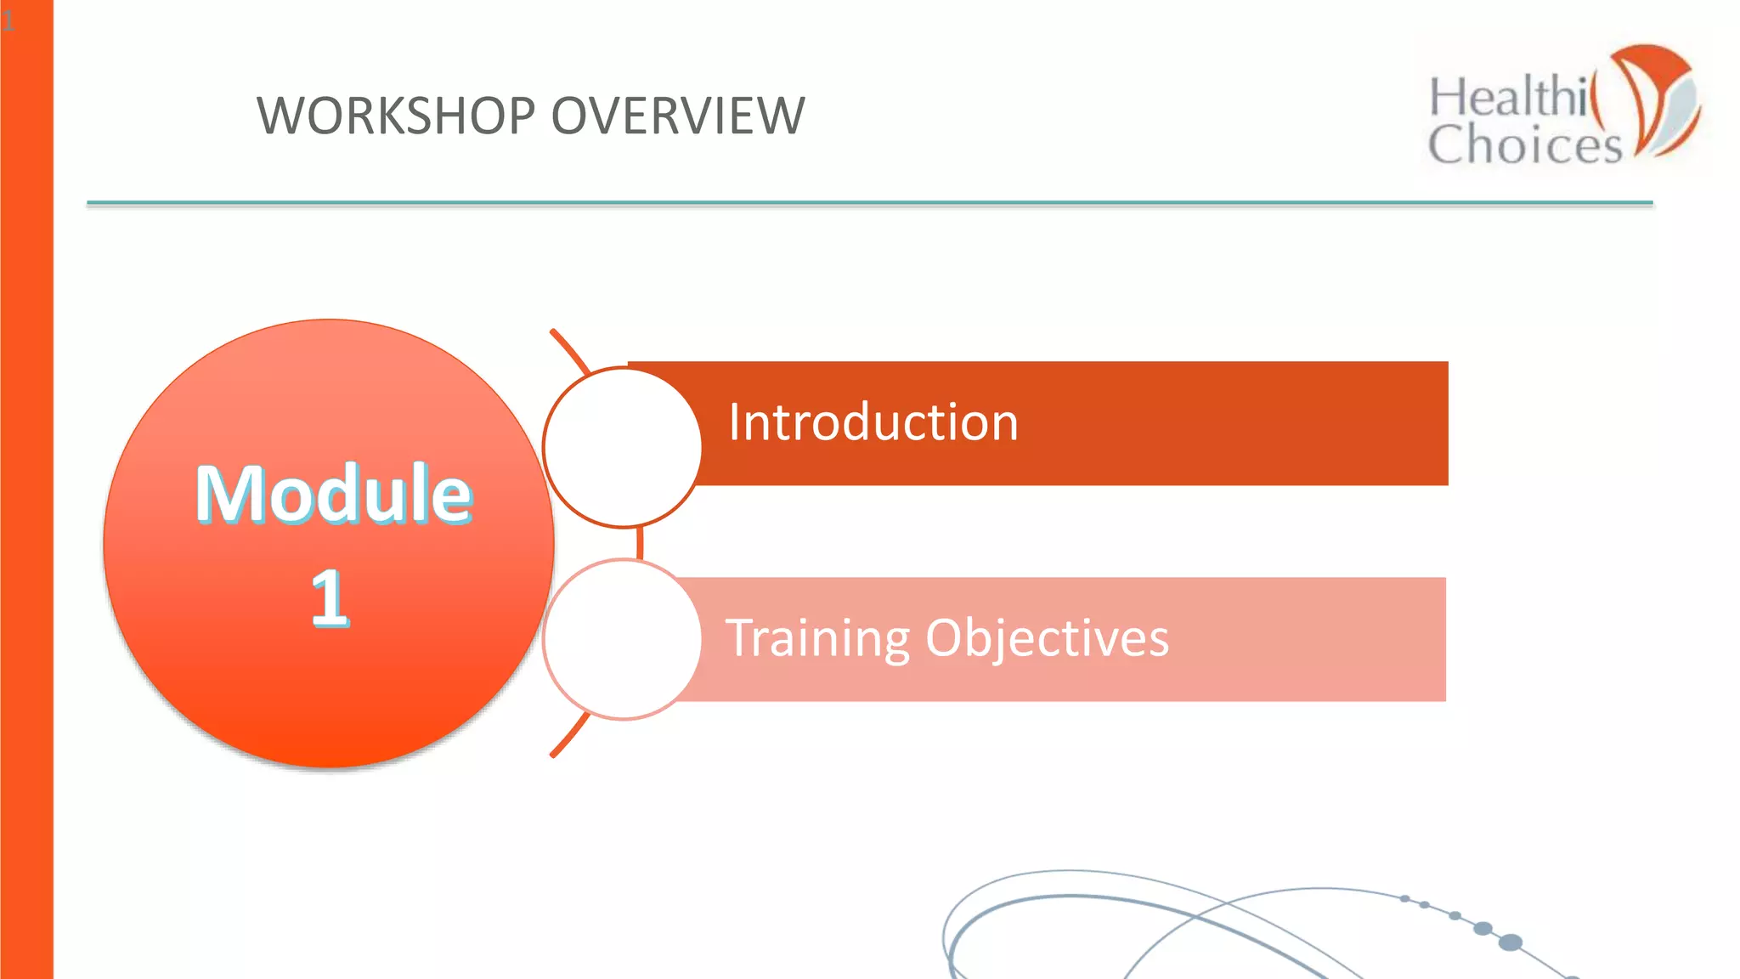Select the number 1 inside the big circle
pos(330,598)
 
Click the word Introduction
pos(873,422)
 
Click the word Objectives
pos(1047,638)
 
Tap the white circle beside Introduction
pos(623,447)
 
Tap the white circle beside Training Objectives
pos(623,639)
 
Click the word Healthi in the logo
pos(1508,96)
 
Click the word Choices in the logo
pos(1524,144)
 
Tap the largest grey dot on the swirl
pos(1510,942)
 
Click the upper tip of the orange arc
pos(554,332)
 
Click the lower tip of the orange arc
pos(554,754)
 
